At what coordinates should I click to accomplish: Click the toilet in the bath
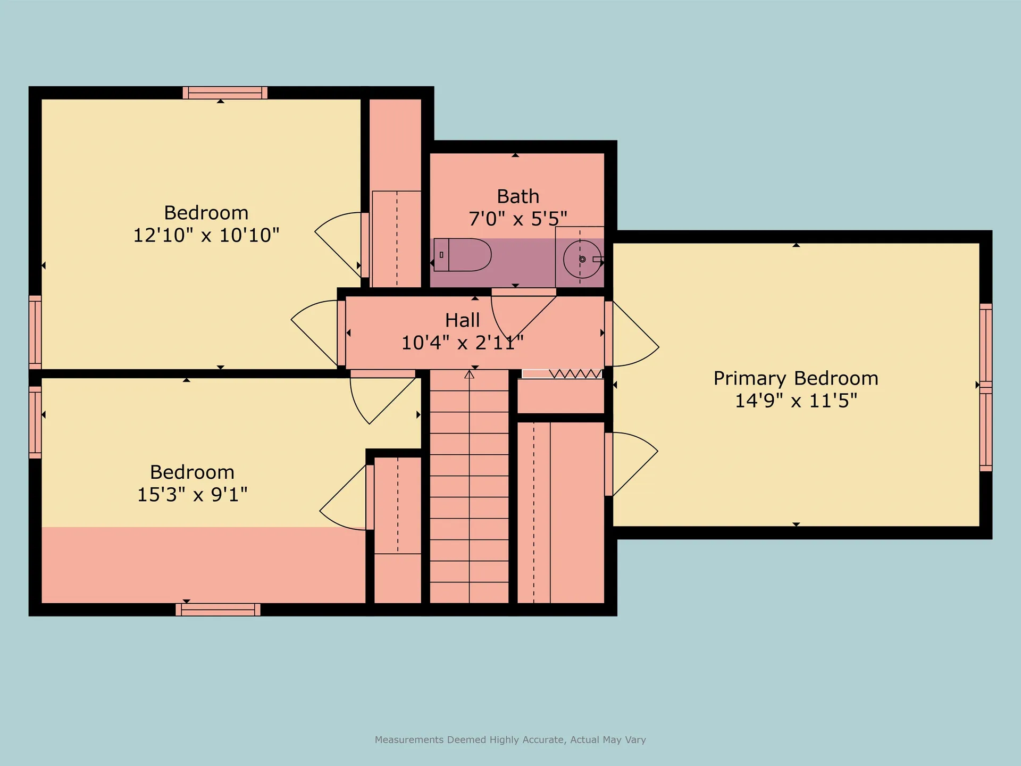(462, 255)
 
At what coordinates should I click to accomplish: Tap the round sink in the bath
(582, 259)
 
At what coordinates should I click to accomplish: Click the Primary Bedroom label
(796, 378)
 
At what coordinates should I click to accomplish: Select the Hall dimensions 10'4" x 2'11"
(462, 343)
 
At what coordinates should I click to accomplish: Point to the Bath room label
(518, 196)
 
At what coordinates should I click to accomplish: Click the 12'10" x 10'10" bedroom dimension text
(206, 235)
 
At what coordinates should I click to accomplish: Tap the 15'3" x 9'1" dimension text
(192, 494)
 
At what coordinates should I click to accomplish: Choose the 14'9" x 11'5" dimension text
(796, 400)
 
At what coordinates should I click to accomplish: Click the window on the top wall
(225, 93)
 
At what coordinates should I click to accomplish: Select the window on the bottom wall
(218, 610)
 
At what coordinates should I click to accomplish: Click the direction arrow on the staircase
(469, 374)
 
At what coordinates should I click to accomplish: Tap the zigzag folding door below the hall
(562, 373)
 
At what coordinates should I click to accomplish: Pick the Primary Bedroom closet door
(632, 464)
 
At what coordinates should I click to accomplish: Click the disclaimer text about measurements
(510, 739)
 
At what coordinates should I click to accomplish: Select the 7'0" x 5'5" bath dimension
(518, 218)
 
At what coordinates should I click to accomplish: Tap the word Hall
(462, 320)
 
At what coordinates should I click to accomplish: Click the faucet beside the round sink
(598, 259)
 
